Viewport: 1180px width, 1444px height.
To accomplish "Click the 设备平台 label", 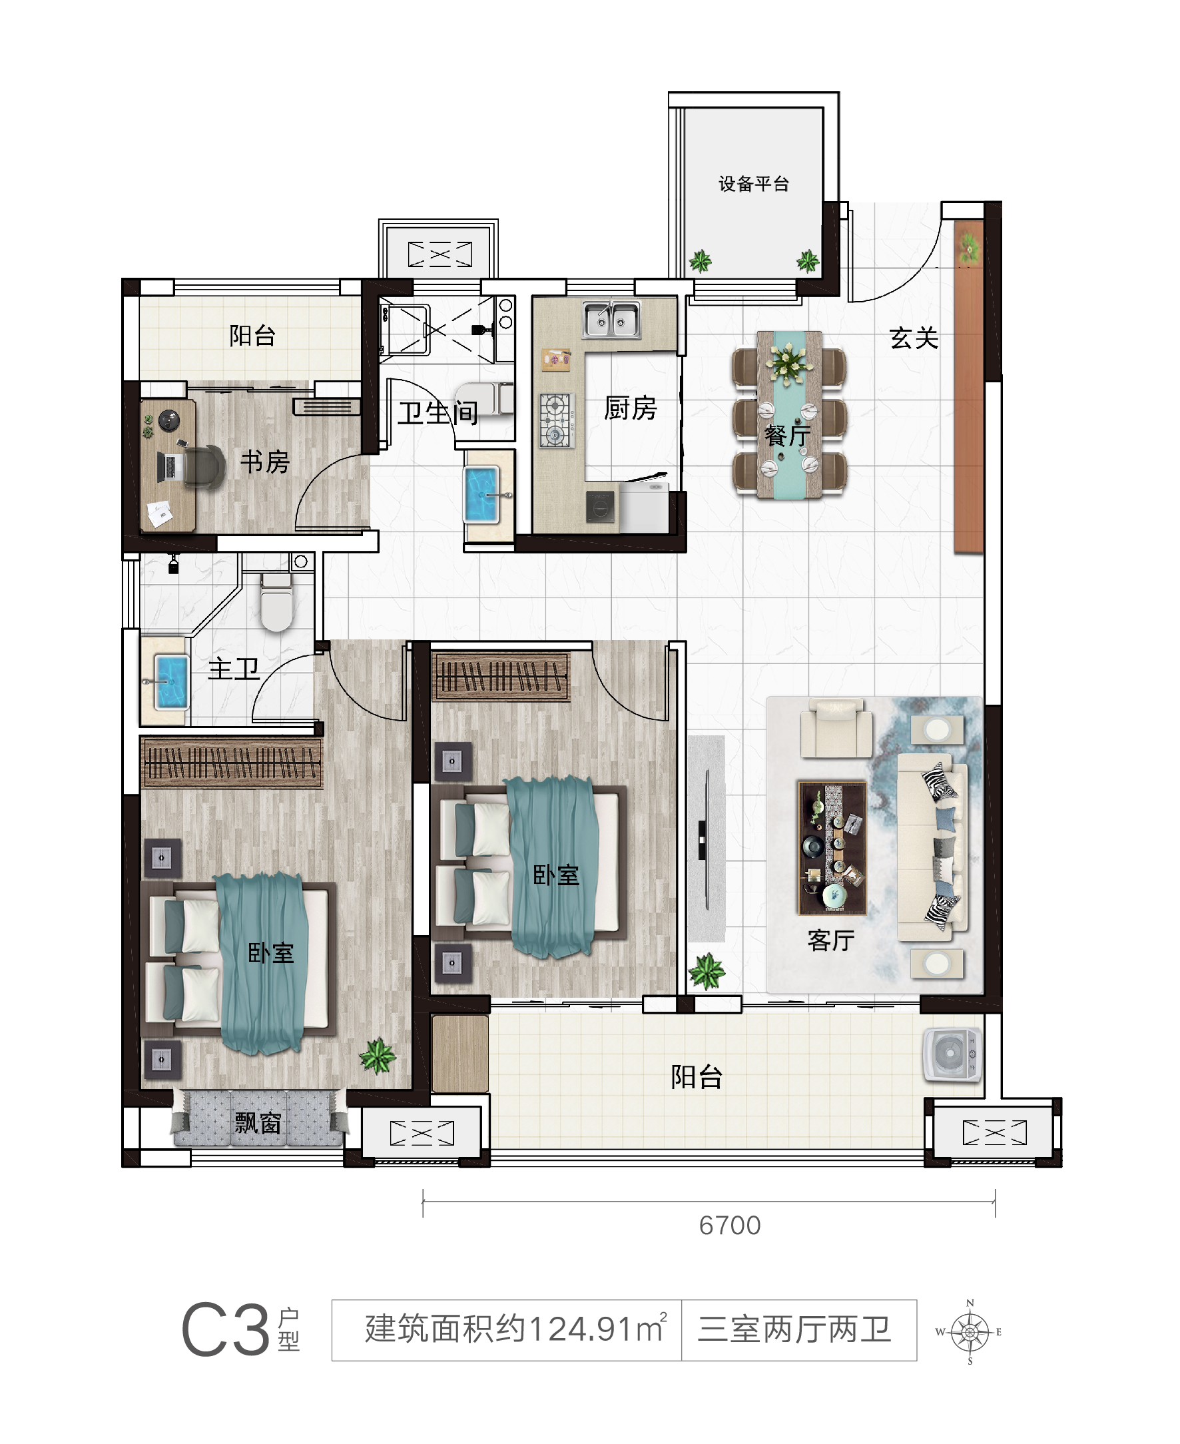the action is pos(754,184).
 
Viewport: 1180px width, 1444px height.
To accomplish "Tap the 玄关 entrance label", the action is pos(914,338).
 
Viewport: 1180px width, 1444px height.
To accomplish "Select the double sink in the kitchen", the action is pos(611,320).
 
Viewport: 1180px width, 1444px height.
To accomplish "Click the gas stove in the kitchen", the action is pos(557,420).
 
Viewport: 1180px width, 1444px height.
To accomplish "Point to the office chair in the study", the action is pos(202,466).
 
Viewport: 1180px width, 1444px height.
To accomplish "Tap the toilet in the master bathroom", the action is pos(276,601).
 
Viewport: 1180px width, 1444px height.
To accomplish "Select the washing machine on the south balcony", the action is pos(952,1054).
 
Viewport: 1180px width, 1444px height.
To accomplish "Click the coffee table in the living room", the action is pos(832,847).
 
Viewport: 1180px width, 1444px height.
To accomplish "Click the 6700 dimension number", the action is pos(730,1226).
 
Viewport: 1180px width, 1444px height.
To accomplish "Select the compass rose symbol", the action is pos(970,1332).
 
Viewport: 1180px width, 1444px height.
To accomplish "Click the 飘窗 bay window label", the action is pos(258,1123).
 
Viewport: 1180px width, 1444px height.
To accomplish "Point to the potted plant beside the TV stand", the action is pos(707,971).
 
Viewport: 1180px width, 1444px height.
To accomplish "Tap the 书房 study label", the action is pos(265,462).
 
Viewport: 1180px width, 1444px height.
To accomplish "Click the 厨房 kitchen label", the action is pos(631,408).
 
